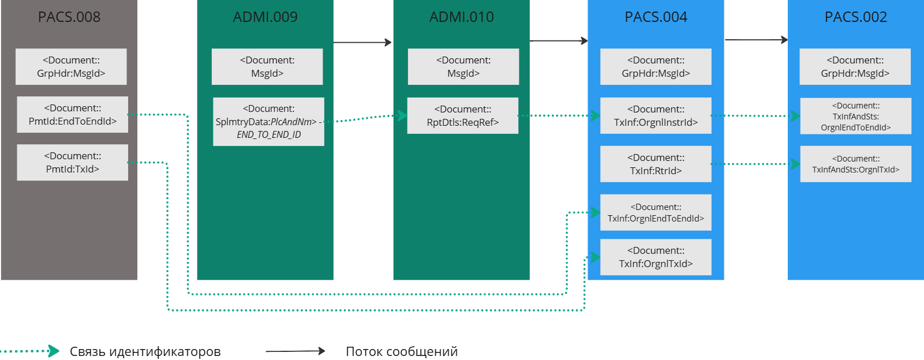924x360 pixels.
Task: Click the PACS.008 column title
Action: click(x=69, y=17)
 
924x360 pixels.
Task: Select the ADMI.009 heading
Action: click(x=265, y=17)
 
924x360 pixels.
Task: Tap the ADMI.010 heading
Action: click(x=462, y=17)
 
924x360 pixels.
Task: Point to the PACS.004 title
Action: click(x=656, y=17)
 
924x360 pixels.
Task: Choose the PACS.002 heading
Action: click(x=856, y=17)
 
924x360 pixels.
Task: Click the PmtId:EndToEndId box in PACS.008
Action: click(x=73, y=114)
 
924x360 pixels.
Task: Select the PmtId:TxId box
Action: click(x=73, y=162)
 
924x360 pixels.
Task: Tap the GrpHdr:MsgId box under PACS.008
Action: click(x=71, y=66)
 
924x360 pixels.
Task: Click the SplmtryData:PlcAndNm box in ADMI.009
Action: click(x=268, y=121)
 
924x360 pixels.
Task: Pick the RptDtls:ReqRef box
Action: click(x=463, y=115)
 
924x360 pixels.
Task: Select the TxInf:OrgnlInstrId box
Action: click(x=656, y=115)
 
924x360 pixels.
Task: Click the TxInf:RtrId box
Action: click(x=656, y=164)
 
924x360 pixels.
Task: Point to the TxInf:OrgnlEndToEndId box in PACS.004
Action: click(x=656, y=212)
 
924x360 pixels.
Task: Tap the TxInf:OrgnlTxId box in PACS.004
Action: click(x=656, y=257)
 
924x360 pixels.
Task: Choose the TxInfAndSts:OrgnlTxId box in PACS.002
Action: click(x=856, y=164)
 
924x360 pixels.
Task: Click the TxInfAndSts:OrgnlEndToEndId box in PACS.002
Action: click(x=856, y=116)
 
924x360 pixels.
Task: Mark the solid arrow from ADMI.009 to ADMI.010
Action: click(x=362, y=42)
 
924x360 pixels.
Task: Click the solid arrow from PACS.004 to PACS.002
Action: click(x=756, y=40)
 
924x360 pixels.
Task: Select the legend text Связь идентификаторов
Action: click(x=145, y=351)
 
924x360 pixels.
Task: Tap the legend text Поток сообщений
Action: click(x=402, y=351)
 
